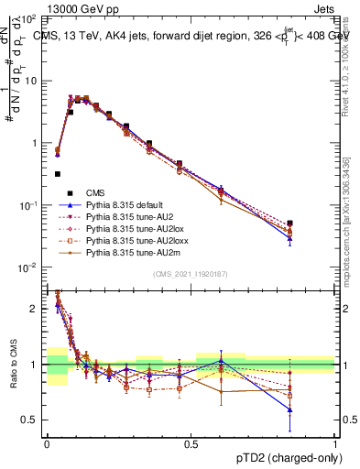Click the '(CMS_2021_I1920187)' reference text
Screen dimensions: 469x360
click(x=190, y=275)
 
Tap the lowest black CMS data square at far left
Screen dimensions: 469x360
click(x=58, y=173)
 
